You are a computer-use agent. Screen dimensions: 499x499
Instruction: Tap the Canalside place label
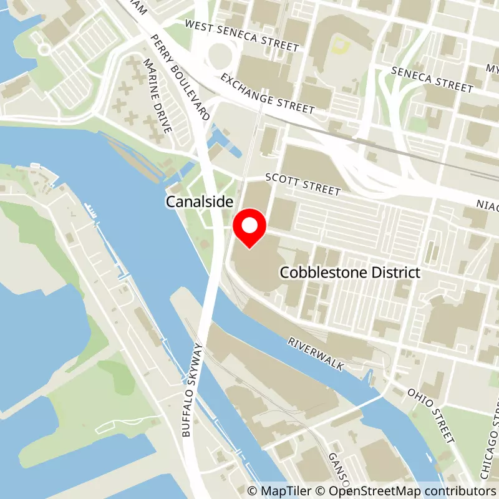(x=199, y=202)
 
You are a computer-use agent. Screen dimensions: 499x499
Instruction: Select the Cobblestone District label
(x=349, y=273)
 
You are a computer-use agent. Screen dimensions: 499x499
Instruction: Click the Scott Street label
(x=303, y=185)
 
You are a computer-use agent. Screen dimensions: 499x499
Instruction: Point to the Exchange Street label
(x=267, y=95)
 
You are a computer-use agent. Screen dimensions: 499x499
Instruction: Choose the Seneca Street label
(x=432, y=77)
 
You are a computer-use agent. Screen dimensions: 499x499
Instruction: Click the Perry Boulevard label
(x=179, y=78)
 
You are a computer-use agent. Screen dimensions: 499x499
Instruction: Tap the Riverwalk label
(x=316, y=355)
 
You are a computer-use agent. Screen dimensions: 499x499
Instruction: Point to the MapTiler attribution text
(x=275, y=491)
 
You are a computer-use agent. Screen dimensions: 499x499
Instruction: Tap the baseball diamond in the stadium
(x=340, y=44)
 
